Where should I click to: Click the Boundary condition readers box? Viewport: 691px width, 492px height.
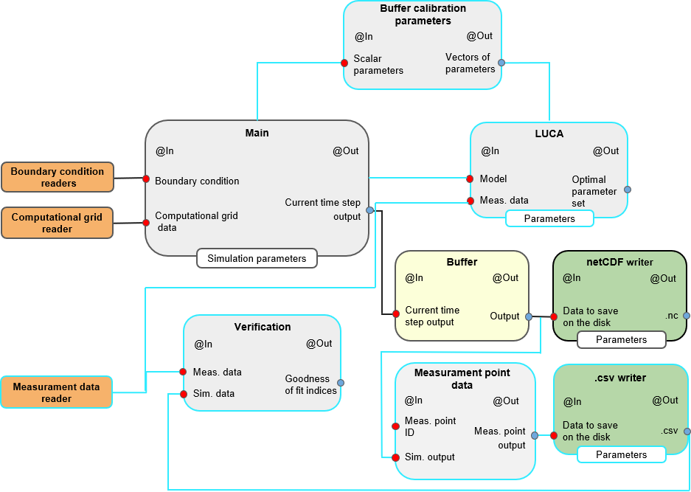click(x=58, y=177)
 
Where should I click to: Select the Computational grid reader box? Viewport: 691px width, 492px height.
click(x=58, y=223)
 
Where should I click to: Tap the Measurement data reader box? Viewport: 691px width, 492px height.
click(x=57, y=392)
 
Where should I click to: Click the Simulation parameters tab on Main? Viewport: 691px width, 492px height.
click(x=257, y=258)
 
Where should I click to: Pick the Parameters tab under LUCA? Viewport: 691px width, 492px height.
click(x=549, y=218)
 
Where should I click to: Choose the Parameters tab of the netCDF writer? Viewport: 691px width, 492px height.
click(x=621, y=339)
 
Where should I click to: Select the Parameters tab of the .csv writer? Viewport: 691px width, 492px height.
click(x=621, y=454)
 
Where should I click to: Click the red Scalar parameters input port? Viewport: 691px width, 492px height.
click(x=344, y=63)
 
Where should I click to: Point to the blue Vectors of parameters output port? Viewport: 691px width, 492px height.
click(x=501, y=63)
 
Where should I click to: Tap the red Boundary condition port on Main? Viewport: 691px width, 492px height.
click(x=146, y=179)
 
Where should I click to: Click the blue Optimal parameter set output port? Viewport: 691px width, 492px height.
click(x=628, y=190)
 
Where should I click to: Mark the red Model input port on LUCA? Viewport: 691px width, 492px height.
click(x=470, y=179)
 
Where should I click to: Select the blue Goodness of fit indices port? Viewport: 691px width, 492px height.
click(x=341, y=382)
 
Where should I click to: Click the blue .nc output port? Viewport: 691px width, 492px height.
click(x=687, y=316)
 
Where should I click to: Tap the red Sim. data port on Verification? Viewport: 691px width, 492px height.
click(x=184, y=394)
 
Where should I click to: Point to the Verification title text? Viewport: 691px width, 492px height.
click(x=263, y=327)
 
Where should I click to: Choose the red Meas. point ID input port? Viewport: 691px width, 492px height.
click(x=395, y=426)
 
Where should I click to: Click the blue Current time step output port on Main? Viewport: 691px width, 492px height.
click(x=369, y=210)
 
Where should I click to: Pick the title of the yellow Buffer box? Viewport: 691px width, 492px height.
click(x=462, y=262)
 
